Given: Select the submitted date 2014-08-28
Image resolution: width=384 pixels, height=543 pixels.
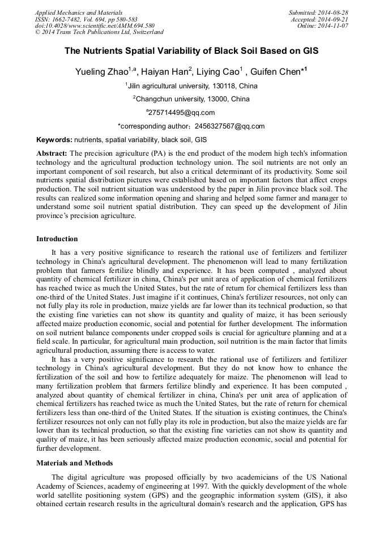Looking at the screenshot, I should click(x=332, y=12).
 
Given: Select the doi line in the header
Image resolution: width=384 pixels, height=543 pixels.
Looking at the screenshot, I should click(x=95, y=26).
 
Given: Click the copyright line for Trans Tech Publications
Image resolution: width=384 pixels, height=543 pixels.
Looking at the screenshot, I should click(x=99, y=32).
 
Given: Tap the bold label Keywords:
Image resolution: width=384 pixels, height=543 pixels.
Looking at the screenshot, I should click(x=54, y=139).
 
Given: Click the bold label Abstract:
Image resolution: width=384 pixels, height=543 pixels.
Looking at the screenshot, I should click(x=52, y=153).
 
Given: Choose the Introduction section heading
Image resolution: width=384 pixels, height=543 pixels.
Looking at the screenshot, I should click(x=57, y=239).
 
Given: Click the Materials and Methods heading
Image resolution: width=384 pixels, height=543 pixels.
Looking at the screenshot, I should click(x=74, y=463).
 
